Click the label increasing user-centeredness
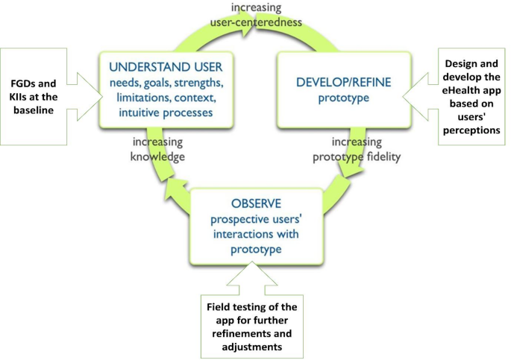(x=266, y=15)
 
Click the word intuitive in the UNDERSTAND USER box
(x=141, y=113)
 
